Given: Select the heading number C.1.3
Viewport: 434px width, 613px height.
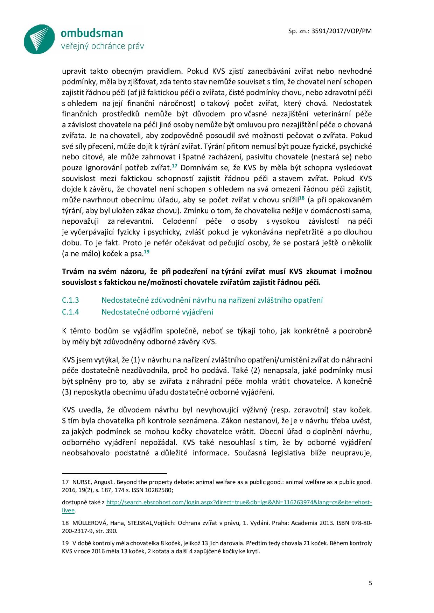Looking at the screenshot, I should (x=70, y=300).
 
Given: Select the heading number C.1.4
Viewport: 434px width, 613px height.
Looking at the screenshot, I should (x=70, y=312).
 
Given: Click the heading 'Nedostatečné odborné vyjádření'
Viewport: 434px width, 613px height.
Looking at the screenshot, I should (x=157, y=312).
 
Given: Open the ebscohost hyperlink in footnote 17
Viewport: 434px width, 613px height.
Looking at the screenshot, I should (x=239, y=503).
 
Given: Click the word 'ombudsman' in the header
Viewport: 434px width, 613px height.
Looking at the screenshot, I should (x=92, y=33).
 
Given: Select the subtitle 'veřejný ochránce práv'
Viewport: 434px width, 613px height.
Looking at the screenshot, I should (x=102, y=46).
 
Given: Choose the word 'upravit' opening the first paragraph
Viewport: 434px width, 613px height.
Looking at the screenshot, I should (x=73, y=71).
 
